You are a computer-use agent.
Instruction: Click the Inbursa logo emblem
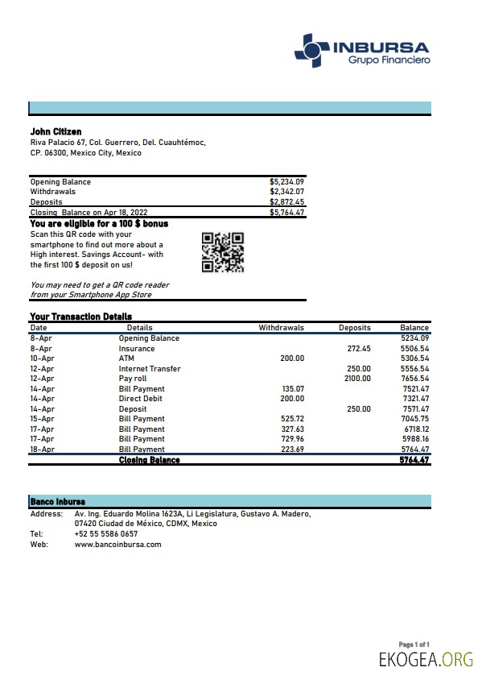(311, 50)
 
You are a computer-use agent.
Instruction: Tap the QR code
(222, 252)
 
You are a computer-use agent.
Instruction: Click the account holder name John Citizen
(56, 131)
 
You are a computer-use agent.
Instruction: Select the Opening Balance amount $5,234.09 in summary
(286, 182)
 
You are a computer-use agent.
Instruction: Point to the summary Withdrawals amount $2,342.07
(286, 192)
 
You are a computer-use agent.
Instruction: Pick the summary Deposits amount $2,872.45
(286, 202)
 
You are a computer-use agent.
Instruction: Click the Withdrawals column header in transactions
(281, 328)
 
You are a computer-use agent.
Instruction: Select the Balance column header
(414, 328)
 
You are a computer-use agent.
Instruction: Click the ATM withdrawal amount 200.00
(292, 359)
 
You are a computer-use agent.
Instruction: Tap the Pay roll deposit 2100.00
(357, 379)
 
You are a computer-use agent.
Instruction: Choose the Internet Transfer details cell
(150, 369)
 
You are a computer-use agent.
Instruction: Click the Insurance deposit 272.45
(358, 349)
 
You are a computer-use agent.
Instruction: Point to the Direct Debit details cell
(141, 399)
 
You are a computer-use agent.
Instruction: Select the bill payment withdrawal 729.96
(293, 439)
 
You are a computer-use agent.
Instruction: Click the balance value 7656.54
(415, 379)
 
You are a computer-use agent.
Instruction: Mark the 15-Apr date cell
(42, 419)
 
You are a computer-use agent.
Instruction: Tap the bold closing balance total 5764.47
(414, 460)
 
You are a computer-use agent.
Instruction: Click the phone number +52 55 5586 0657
(105, 533)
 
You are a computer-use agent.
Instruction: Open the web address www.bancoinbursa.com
(117, 544)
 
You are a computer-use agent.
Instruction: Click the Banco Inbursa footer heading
(57, 501)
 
